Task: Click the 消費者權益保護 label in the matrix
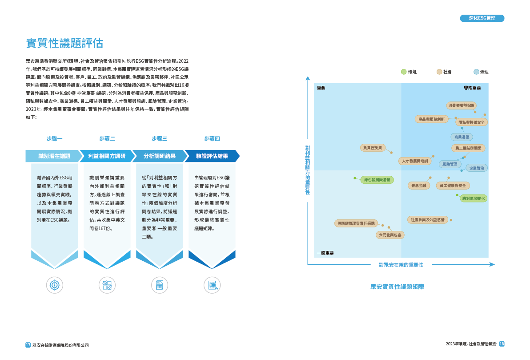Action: tap(461, 105)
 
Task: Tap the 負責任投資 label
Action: tap(373, 147)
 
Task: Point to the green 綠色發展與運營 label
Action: tap(377, 180)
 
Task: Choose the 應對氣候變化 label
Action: tap(474, 198)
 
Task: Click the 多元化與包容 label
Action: tap(389, 235)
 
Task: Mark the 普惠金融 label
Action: tap(418, 185)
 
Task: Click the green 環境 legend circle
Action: tap(404, 72)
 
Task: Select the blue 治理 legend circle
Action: tap(476, 72)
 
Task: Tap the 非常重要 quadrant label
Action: tap(472, 88)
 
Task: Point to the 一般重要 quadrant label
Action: tap(325, 253)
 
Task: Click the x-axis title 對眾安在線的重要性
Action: tap(401, 265)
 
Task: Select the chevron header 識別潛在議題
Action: tap(54, 156)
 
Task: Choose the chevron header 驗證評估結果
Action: tap(212, 156)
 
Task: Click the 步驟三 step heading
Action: tap(159, 139)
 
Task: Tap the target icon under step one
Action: tap(55, 285)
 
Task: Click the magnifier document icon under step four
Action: tap(212, 285)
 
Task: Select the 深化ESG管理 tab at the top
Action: tap(482, 18)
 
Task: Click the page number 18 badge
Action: tap(502, 344)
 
